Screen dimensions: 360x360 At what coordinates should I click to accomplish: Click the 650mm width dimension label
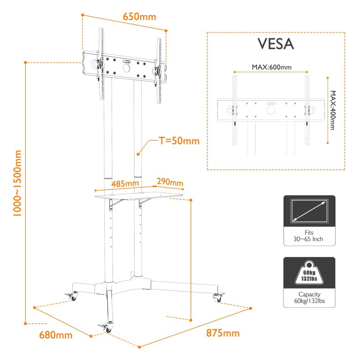pos(139,17)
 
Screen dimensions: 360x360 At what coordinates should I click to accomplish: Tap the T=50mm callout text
pos(179,141)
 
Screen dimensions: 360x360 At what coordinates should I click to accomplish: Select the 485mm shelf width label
pos(125,184)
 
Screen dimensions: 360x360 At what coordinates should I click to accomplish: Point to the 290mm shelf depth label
pos(170,182)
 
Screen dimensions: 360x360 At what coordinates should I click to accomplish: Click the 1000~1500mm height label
pos(17,183)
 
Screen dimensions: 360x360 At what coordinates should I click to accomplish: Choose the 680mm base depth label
pos(56,335)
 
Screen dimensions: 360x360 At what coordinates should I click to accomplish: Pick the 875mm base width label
pos(223,333)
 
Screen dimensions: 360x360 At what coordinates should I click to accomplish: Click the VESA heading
pos(275,44)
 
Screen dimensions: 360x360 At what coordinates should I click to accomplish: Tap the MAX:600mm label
pos(272,67)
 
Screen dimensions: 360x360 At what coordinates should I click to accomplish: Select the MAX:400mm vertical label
pos(333,110)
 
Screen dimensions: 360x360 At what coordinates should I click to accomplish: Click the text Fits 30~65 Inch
pos(308,236)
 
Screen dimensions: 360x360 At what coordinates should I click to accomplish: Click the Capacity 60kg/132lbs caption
pos(310,297)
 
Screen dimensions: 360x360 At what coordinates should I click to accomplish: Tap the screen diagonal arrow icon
pos(309,211)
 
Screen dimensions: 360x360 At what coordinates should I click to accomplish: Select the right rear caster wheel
pos(218,297)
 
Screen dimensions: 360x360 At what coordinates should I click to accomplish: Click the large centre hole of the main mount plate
pos(126,68)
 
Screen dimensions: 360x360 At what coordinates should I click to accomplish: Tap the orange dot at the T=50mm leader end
pos(138,154)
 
